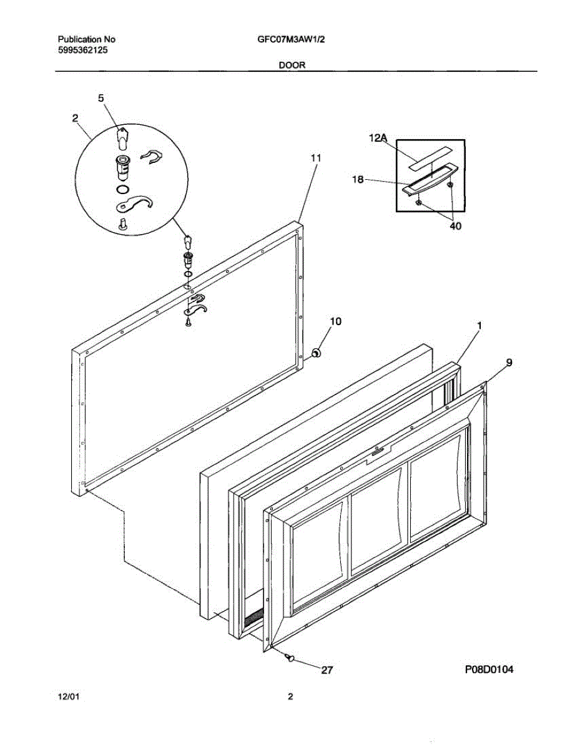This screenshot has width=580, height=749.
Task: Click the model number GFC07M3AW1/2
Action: pos(291,39)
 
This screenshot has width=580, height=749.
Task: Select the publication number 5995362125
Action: pos(82,50)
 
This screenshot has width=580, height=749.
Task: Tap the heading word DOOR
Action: pos(292,64)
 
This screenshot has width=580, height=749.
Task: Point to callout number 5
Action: pos(101,98)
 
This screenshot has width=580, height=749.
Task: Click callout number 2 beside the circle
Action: pos(76,117)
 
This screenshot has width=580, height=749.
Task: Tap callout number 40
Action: pos(455,227)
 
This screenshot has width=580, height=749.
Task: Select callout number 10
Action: pos(335,321)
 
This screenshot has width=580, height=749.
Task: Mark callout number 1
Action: pos(479,326)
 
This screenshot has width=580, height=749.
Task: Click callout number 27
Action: pos(327,670)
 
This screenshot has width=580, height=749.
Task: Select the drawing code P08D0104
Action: pos(489,670)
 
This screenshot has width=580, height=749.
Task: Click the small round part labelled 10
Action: pos(316,354)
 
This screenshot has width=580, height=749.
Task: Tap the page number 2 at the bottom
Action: pos(290,698)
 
